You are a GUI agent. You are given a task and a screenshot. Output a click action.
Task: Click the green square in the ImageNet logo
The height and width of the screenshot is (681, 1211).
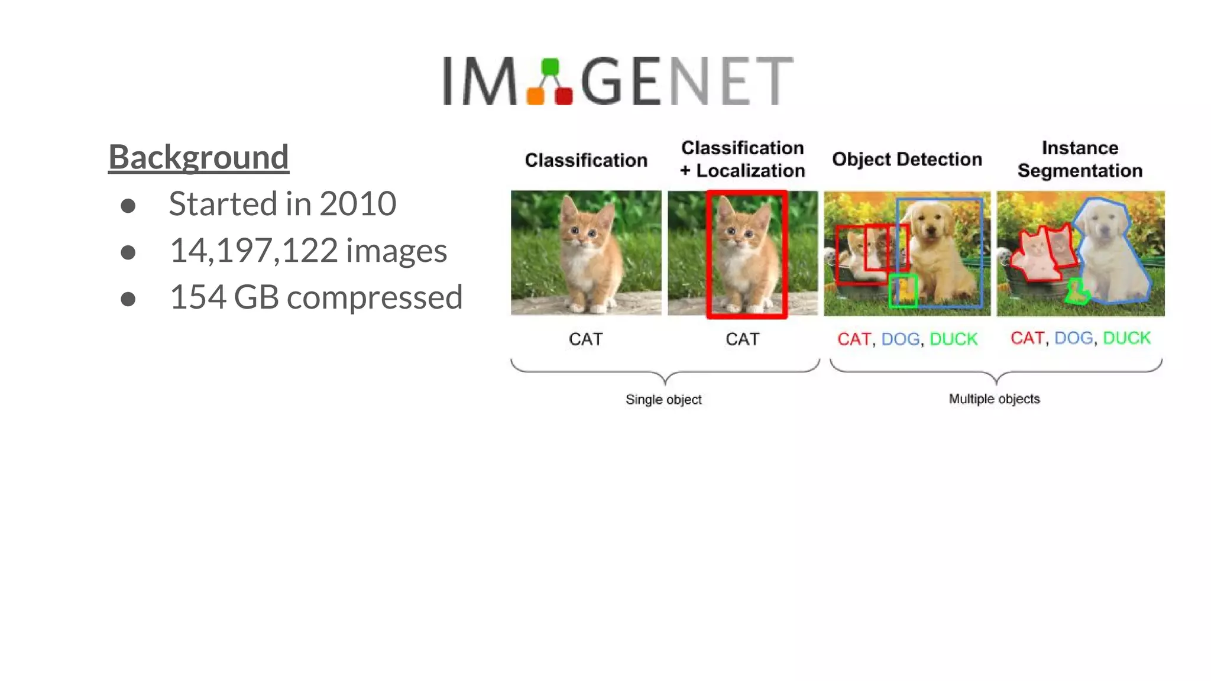click(x=550, y=66)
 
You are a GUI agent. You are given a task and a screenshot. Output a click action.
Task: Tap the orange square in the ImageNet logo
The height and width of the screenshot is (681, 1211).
click(x=536, y=95)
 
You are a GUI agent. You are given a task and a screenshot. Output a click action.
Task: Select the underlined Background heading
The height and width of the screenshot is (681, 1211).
click(x=199, y=157)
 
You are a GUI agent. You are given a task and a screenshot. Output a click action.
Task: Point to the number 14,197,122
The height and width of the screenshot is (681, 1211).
click(x=254, y=251)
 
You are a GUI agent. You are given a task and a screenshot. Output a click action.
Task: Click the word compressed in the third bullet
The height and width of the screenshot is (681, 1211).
click(x=374, y=297)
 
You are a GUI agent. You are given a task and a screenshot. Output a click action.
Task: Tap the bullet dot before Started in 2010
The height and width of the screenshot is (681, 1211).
click(x=128, y=206)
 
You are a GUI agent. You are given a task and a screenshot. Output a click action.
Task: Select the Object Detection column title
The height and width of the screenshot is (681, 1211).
click(x=906, y=160)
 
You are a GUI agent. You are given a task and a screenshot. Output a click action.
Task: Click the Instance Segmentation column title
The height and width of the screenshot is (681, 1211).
click(x=1080, y=159)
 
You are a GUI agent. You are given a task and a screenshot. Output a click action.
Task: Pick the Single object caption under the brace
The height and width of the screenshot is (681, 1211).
click(x=663, y=400)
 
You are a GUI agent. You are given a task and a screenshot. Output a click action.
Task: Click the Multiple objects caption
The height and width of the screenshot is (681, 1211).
click(x=994, y=399)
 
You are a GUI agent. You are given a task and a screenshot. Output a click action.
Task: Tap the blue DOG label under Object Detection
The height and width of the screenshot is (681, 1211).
click(x=900, y=339)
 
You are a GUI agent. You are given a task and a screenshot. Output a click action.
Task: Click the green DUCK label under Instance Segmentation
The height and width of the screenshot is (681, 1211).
click(x=1126, y=338)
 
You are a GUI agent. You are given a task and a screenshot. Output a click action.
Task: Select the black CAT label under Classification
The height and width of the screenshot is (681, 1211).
click(x=585, y=339)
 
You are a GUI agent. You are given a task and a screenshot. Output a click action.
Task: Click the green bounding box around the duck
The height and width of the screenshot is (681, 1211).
click(x=903, y=291)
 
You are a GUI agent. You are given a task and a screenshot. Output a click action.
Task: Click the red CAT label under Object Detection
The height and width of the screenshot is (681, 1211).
click(x=854, y=339)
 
